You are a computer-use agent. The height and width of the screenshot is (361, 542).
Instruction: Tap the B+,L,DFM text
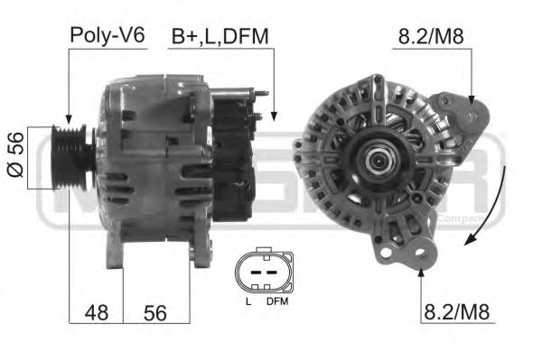coord(221,37)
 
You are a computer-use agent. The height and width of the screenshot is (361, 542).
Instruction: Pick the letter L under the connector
coord(247,301)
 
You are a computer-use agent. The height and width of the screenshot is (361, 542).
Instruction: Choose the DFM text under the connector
coord(276,301)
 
